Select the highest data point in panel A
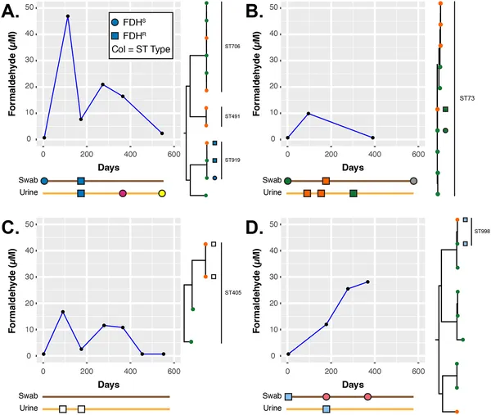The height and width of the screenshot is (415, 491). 68,16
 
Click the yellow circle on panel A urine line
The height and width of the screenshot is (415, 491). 162,193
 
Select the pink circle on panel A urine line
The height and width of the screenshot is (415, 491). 123,193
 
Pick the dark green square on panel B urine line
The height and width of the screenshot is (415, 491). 353,193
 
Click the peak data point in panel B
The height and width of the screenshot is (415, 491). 309,114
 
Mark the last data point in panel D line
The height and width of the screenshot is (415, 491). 367,282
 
